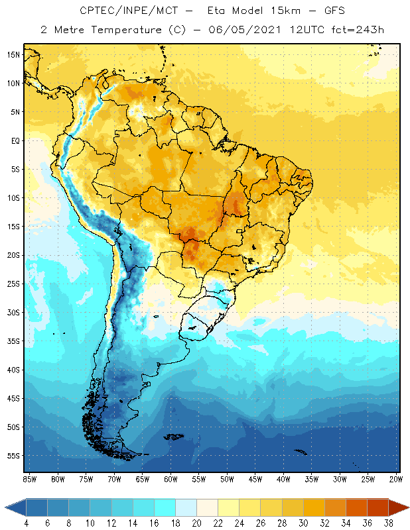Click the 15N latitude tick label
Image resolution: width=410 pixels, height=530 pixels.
point(13,54)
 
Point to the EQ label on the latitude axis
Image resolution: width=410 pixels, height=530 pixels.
point(13,140)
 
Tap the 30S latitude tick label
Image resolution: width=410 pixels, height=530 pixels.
point(13,312)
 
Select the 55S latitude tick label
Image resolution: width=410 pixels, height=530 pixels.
point(13,456)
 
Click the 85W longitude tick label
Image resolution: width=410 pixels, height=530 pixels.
point(29,479)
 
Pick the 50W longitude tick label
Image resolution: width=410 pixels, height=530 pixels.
point(227,479)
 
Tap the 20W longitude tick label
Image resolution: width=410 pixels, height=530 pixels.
point(396,479)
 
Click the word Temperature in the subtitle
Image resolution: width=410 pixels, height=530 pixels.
point(123,29)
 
